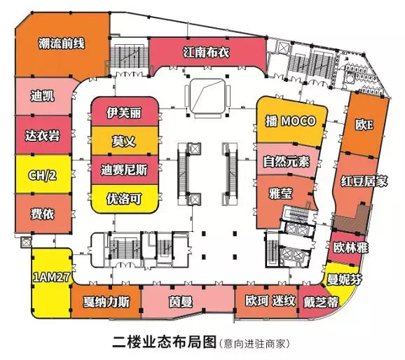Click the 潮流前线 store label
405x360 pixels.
(62, 43)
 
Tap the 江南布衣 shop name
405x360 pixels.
(206, 53)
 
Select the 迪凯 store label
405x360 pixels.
(43, 96)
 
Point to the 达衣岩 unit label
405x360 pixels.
(43, 135)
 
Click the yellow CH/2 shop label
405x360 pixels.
(42, 176)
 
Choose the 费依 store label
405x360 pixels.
(43, 214)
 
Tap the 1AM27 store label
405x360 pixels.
(51, 277)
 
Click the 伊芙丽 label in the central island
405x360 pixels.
(124, 113)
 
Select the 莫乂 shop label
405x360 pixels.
(124, 141)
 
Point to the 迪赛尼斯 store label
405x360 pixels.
(124, 170)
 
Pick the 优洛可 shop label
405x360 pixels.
(124, 199)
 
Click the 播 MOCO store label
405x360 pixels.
(291, 121)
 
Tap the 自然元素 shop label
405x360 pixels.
(286, 161)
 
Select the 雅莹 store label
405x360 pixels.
(281, 193)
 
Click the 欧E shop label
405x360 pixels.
(364, 125)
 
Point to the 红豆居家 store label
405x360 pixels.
(364, 181)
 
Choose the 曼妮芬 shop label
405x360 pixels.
(344, 279)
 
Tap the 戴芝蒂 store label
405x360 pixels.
(321, 302)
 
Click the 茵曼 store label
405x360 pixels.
(181, 302)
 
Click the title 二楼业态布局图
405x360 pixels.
(164, 342)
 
